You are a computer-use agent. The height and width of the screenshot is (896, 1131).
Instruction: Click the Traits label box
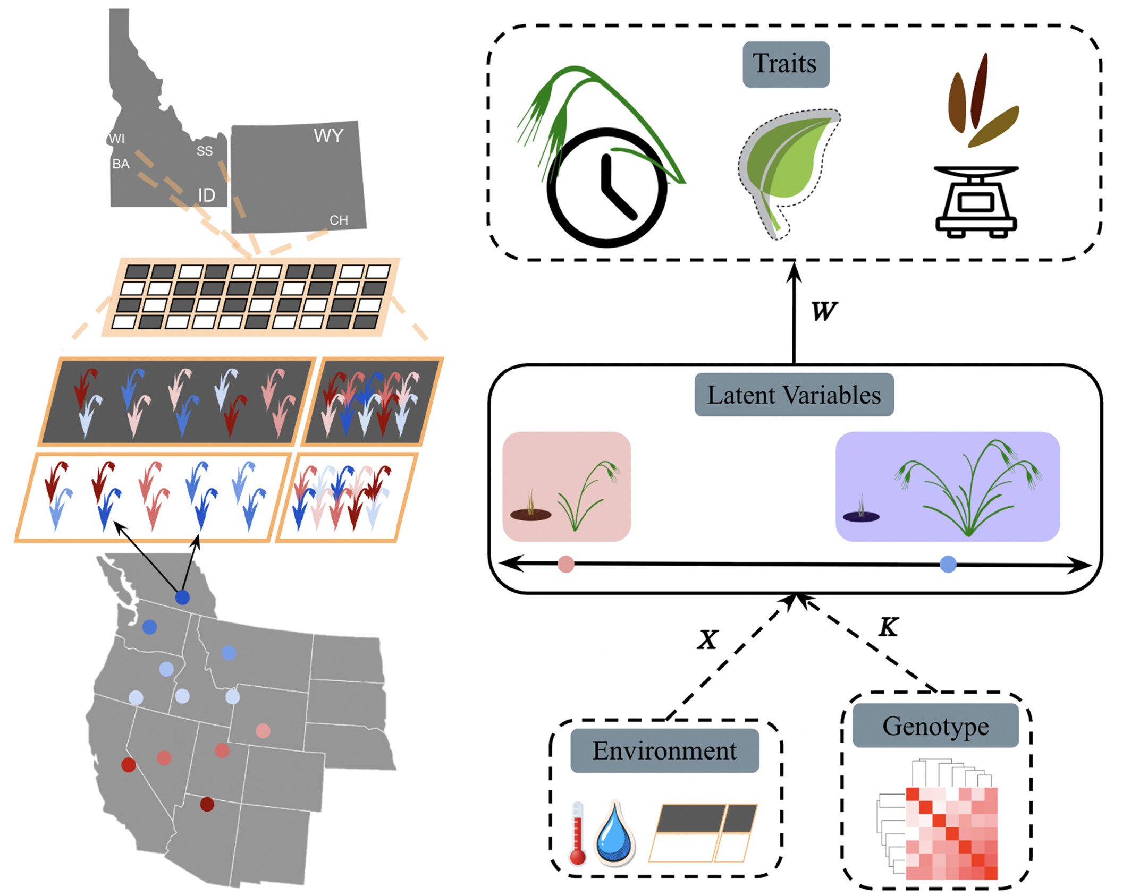pos(786,64)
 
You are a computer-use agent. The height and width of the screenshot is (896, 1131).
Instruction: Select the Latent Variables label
pos(794,395)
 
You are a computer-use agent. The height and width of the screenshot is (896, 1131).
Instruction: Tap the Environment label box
pos(664,750)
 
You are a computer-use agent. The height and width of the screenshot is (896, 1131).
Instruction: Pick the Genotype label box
pos(935,726)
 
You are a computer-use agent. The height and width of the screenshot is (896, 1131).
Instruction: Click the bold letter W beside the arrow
pos(824,311)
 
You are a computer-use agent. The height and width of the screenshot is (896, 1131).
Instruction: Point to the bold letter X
pos(708,640)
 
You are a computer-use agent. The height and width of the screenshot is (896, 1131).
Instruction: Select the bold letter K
pos(889,627)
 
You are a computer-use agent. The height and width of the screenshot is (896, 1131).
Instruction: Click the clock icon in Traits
pos(606,187)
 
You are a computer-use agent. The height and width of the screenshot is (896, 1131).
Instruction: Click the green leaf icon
pos(788,173)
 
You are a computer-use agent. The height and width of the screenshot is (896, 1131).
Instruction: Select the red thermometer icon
pos(577,833)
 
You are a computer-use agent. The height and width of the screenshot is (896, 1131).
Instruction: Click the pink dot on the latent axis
pos(566,564)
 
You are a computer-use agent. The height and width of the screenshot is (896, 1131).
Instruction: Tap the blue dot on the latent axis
pos(948,564)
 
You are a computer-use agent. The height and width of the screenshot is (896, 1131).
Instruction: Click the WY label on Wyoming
pos(328,135)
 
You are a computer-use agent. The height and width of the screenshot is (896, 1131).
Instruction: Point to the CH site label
pos(339,220)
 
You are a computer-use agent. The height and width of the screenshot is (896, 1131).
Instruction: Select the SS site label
pos(205,151)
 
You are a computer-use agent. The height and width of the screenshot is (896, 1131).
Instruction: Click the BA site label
pos(121,164)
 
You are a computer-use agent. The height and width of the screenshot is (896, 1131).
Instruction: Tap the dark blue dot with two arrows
pos(182,598)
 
